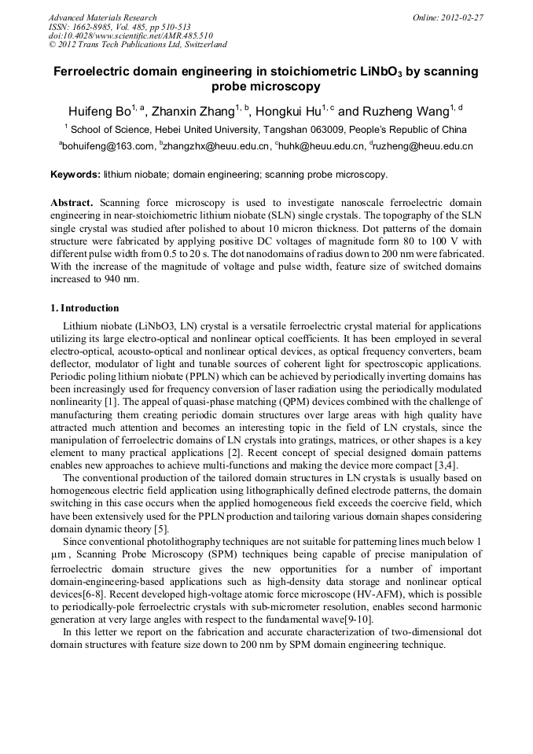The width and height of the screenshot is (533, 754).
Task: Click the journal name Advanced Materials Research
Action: pos(102,17)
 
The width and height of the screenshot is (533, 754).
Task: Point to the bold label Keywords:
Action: pos(75,174)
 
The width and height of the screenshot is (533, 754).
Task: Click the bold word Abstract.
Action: pos(72,202)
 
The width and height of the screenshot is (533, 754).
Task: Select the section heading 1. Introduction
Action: pos(85,307)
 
